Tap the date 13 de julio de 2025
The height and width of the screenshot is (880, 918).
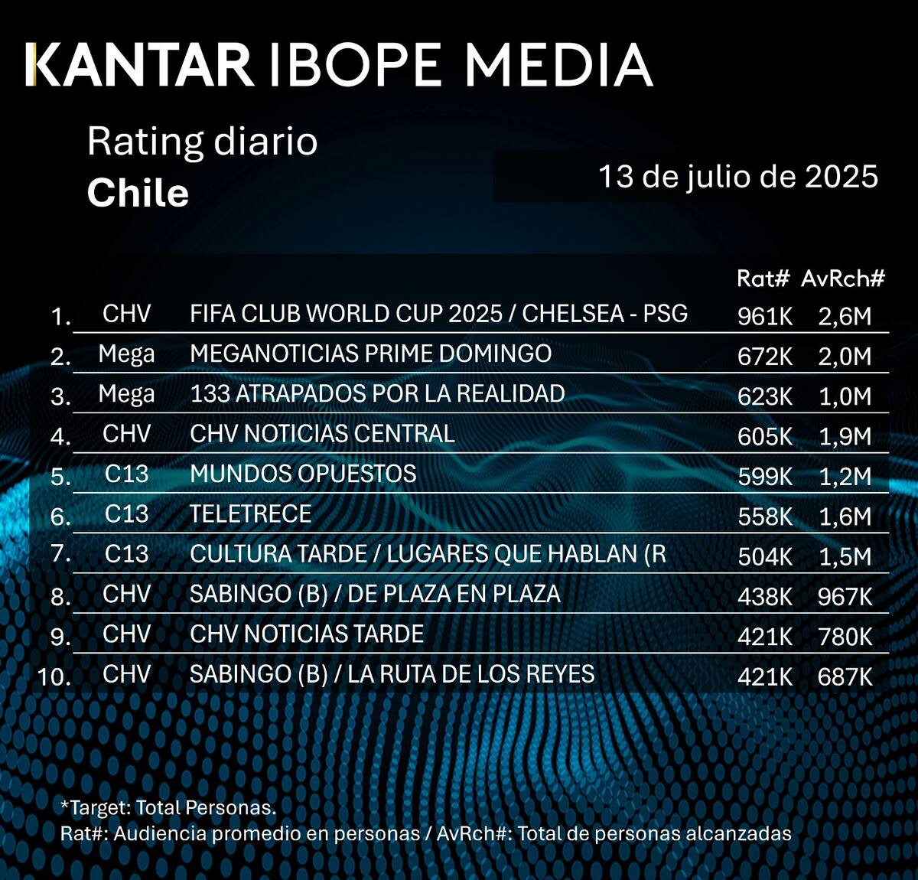pos(737,177)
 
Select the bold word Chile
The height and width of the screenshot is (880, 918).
pos(138,193)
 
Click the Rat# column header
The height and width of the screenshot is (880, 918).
pos(762,279)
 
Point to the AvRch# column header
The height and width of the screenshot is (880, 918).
pos(843,279)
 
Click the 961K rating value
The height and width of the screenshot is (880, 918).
pos(765,316)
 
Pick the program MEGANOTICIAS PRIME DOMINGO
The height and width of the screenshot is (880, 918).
pos(370,354)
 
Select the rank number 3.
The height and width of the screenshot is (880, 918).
pos(60,396)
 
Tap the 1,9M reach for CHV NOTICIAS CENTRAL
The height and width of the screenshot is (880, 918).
pos(845,436)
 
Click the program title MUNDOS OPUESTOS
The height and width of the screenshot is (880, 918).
pos(303,474)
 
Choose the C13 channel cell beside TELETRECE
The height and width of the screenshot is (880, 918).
pos(126,514)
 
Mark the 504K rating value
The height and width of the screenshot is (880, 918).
pos(765,556)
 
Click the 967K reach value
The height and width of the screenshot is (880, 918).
pos(845,596)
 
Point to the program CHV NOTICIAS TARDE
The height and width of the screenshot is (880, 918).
pos(307,634)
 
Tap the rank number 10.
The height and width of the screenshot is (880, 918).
pos(54,676)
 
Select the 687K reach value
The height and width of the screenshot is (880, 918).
pos(845,676)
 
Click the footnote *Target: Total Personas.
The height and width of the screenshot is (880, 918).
pos(168,807)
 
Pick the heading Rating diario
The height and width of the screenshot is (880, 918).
pos(202,142)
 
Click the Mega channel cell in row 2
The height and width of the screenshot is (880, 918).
pos(126,354)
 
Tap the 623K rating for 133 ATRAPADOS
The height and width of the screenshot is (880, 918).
pos(765,396)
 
